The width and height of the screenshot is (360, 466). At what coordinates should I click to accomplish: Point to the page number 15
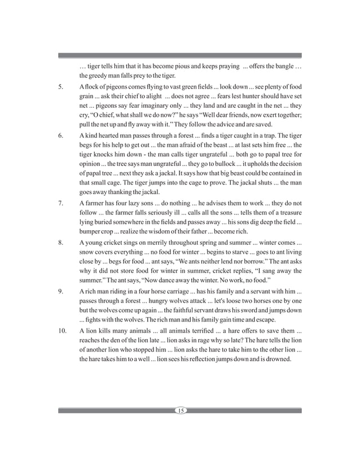[180, 410]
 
